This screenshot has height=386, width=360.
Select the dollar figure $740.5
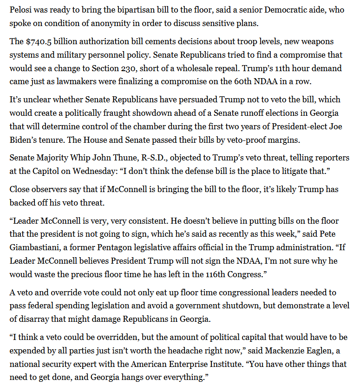(x=39, y=42)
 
